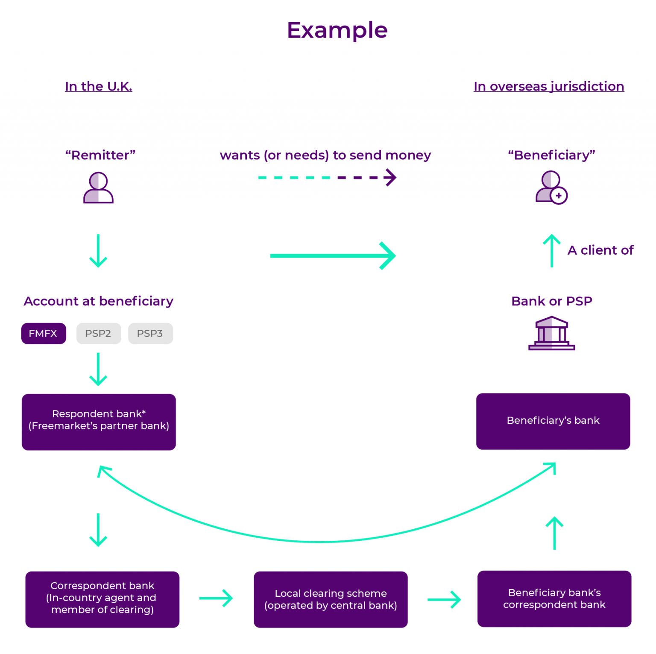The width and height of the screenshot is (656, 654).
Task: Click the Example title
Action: click(x=337, y=31)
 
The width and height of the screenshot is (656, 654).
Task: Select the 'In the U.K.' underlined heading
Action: click(x=98, y=86)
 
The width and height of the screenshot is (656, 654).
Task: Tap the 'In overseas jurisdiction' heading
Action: click(x=548, y=86)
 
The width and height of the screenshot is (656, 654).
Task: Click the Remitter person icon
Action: click(x=98, y=188)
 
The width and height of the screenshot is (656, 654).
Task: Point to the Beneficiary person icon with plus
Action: click(x=551, y=188)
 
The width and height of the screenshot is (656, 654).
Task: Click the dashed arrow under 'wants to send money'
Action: click(x=327, y=177)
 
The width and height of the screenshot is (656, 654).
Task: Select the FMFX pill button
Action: click(x=44, y=334)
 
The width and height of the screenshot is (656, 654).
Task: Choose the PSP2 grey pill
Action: click(x=99, y=334)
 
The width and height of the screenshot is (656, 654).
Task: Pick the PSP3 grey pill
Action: click(x=150, y=334)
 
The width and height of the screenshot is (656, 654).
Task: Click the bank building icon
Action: click(x=551, y=333)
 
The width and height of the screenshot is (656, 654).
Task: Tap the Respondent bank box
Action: click(x=99, y=422)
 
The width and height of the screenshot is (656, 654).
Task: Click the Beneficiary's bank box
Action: click(x=553, y=421)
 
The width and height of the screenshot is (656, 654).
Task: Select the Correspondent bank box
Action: click(x=102, y=599)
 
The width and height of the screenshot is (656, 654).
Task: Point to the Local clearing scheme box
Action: click(x=331, y=599)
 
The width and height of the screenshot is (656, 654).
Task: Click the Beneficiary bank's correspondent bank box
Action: click(x=554, y=598)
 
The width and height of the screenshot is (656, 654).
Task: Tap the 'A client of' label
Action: click(x=600, y=250)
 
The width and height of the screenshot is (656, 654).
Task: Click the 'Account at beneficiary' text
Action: click(x=98, y=301)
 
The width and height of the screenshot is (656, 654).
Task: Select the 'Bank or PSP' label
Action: click(x=551, y=301)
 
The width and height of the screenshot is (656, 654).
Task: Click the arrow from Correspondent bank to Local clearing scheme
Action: click(x=216, y=598)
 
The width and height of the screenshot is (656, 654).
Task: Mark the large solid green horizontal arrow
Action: click(x=333, y=256)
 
